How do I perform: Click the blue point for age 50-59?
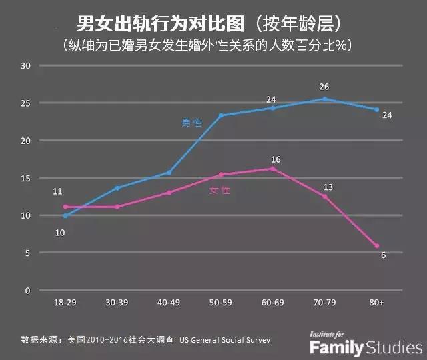pos(221,115)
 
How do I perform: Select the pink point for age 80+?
pos(377,246)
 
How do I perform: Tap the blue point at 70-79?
pos(325,99)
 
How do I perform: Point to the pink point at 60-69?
pos(273,169)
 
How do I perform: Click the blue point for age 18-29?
pos(65,216)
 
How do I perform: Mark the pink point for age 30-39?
pos(117,207)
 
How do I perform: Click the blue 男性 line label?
pos(192,123)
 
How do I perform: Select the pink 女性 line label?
pos(220,190)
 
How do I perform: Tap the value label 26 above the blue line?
pos(324,87)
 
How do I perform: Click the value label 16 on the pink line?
pos(276,159)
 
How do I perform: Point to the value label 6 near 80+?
pos(384,255)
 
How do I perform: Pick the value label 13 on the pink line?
pos(328,187)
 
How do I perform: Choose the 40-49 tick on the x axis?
pos(169,302)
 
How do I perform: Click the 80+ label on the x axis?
pos(377,302)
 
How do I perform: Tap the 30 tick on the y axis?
pos(27,65)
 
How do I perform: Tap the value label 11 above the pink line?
pos(57,192)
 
